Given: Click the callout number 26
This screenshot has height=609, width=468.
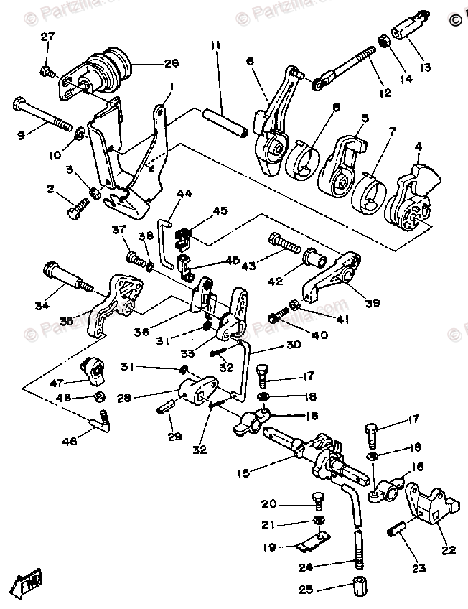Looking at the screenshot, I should click(171, 63).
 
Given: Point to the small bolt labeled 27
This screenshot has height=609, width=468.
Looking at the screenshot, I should click(47, 71).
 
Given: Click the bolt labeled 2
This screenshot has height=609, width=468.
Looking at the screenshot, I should click(76, 209).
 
